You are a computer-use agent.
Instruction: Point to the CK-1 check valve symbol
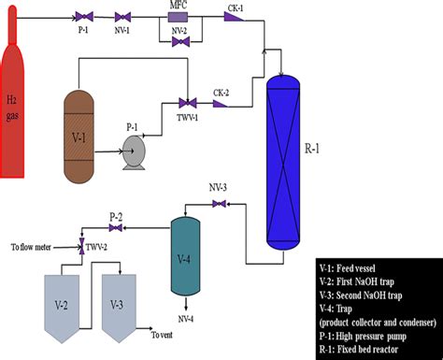point(232,18)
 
